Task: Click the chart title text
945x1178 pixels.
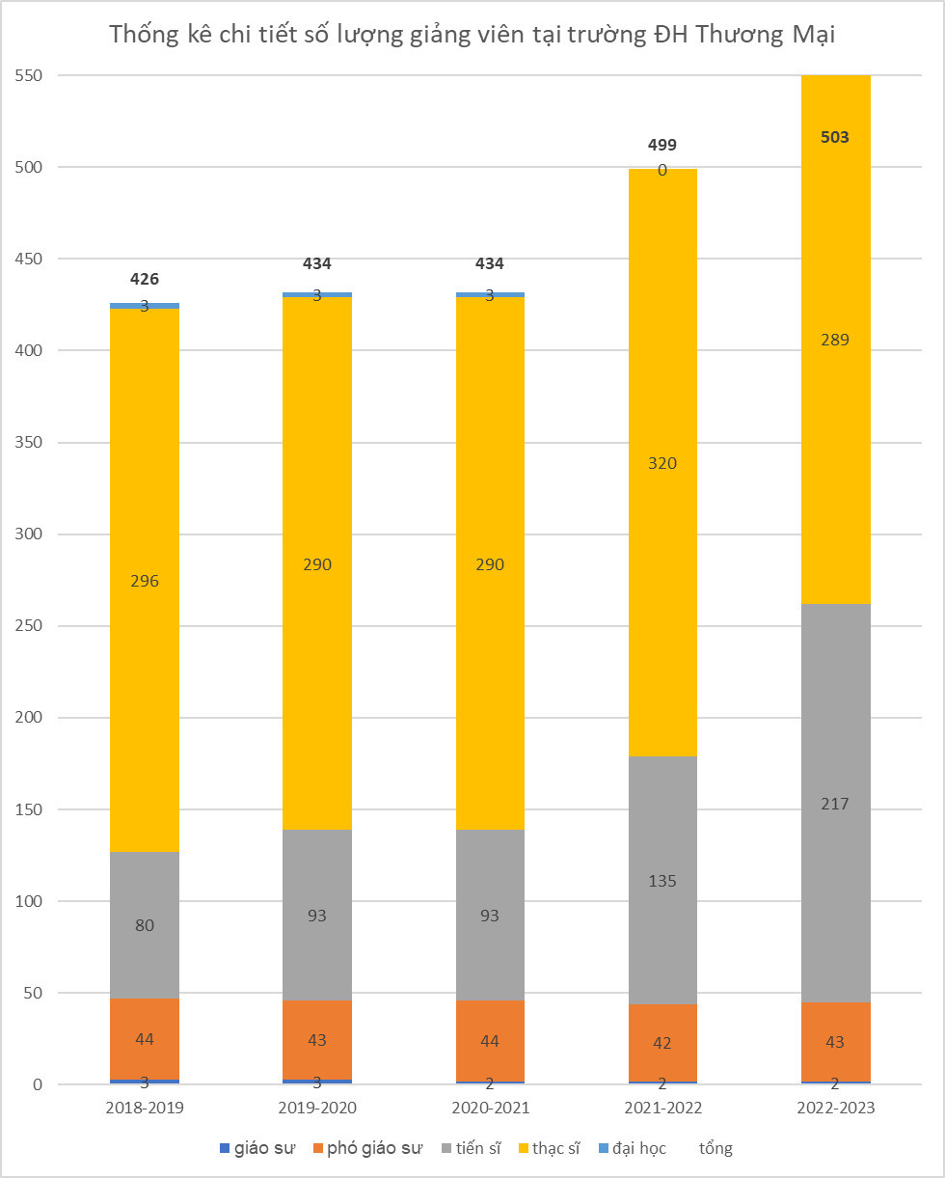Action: tap(472, 35)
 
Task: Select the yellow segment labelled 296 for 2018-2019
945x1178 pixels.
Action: tap(145, 580)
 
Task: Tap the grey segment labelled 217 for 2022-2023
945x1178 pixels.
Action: tap(836, 804)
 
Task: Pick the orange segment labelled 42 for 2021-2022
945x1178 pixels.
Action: tap(662, 1043)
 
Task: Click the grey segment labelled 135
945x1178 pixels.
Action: tap(662, 880)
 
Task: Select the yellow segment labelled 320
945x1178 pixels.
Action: tap(662, 462)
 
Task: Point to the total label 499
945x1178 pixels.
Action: tap(662, 145)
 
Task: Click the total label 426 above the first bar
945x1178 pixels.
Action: tap(145, 279)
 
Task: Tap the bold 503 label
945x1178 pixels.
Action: tap(835, 137)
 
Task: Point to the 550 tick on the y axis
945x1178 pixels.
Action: tap(29, 75)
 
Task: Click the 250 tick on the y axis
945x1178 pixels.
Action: tap(29, 626)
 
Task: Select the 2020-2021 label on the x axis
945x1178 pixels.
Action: tap(490, 1108)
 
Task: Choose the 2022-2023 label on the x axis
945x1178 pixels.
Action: tap(836, 1108)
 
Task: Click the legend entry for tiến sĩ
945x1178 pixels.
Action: tap(472, 1148)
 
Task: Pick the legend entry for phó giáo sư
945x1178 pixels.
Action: tap(367, 1148)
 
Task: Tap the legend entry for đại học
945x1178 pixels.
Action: tap(633, 1148)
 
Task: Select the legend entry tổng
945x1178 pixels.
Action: tap(715, 1149)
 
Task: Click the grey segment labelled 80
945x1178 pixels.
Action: tap(145, 925)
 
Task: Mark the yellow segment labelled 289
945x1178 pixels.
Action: tap(836, 340)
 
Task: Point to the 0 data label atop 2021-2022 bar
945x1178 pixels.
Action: tap(662, 170)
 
